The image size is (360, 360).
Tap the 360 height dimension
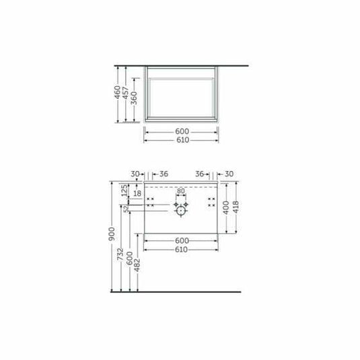tap(135, 98)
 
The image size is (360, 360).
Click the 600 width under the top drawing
tap(182, 131)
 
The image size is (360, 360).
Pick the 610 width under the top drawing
tap(182, 140)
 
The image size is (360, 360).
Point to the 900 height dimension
tap(114, 236)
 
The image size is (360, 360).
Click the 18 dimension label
tap(137, 194)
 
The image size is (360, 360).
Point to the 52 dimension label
tap(126, 209)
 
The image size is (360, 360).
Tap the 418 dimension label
tap(236, 207)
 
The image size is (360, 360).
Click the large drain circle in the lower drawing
tap(180, 211)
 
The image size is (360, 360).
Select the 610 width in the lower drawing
tap(182, 250)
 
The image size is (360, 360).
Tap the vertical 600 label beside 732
tap(130, 260)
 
